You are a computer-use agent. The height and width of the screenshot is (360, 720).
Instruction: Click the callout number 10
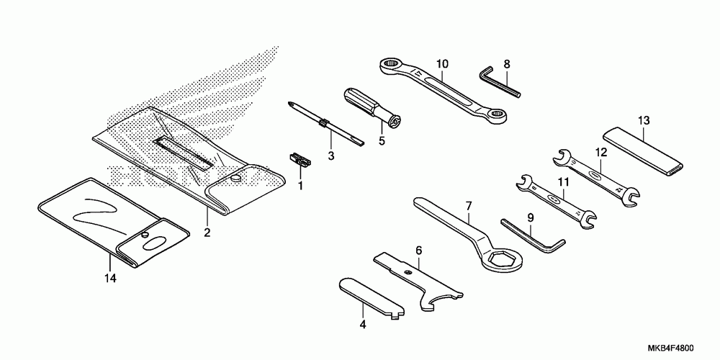[441, 63]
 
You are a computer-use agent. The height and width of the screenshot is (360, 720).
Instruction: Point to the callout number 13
[643, 120]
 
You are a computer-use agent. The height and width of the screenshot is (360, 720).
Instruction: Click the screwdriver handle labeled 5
[361, 102]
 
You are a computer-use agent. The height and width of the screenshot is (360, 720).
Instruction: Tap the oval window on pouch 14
[154, 242]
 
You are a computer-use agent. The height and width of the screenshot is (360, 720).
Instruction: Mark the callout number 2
[207, 233]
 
